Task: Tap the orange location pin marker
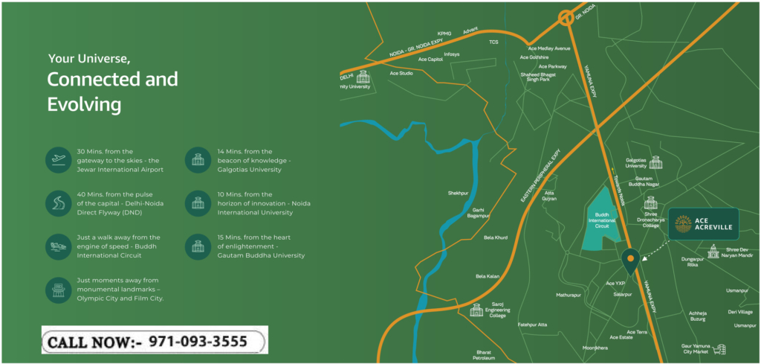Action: point(630,261)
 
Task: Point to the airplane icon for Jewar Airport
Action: point(59,160)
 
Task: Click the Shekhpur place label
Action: point(458,193)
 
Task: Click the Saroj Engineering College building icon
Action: point(476,310)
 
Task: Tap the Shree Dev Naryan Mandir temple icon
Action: point(713,252)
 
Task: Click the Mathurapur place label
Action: point(569,295)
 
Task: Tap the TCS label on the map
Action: point(493,42)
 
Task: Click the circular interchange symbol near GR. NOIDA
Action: point(568,19)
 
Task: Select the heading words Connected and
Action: point(112,79)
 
